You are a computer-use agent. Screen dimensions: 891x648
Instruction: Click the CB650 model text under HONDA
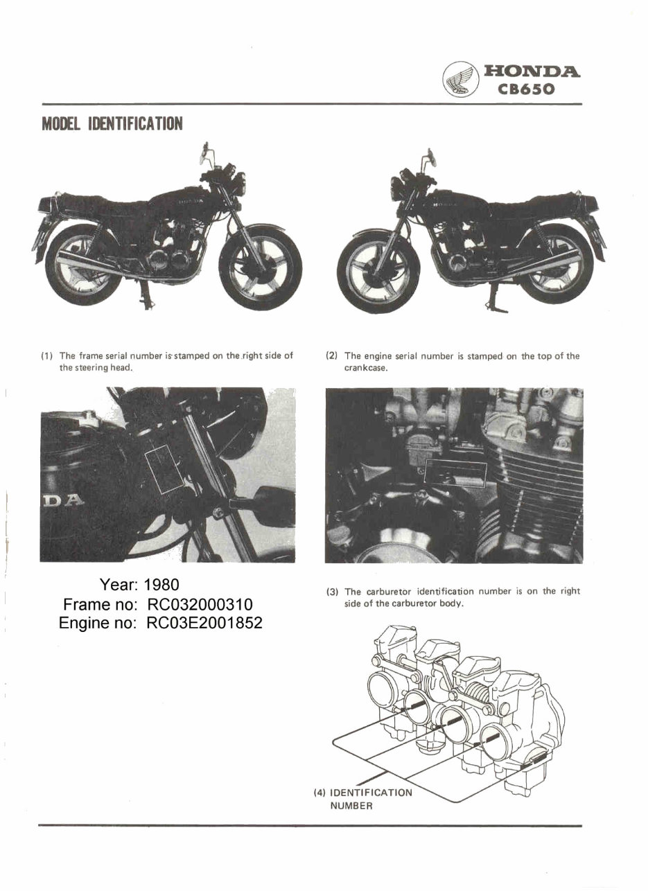pos(531,89)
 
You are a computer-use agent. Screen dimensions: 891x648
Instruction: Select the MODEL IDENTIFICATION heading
pos(112,124)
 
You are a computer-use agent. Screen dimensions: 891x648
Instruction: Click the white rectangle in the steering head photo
pos(163,469)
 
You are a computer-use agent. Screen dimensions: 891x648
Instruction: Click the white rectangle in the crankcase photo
pos(456,471)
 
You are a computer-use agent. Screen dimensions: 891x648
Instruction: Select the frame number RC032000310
pos(195,604)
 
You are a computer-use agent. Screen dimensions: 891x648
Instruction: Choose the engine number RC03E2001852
pos(204,623)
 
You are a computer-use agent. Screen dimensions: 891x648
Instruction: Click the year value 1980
pos(161,585)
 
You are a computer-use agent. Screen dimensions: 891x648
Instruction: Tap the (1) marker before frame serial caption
pos(48,356)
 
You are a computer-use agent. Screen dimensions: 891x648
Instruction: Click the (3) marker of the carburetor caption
pos(333,592)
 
